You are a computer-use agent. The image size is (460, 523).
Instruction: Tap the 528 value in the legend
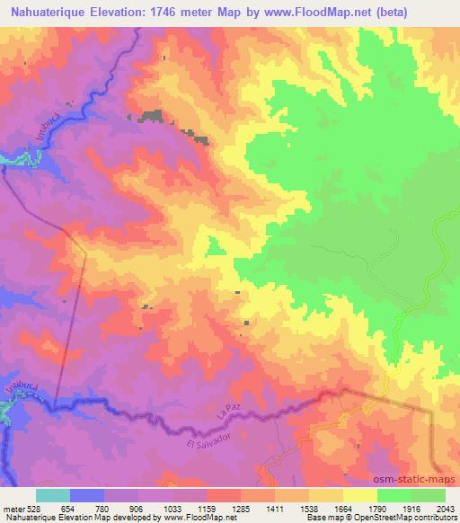pyautogui.click(x=34, y=509)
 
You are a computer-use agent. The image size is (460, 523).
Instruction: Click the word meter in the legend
pyautogui.click(x=13, y=509)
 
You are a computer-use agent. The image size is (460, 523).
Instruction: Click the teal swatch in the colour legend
pyautogui.click(x=53, y=495)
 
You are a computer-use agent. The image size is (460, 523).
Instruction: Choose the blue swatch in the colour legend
pyautogui.click(x=87, y=495)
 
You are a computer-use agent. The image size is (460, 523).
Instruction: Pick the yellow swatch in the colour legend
pyautogui.click(x=359, y=495)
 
